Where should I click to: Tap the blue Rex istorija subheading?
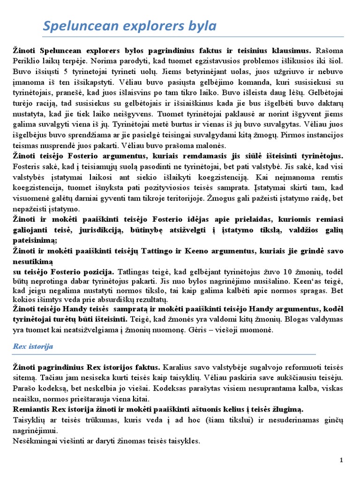pos(32,346)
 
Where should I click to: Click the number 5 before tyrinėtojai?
pos(61,72)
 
